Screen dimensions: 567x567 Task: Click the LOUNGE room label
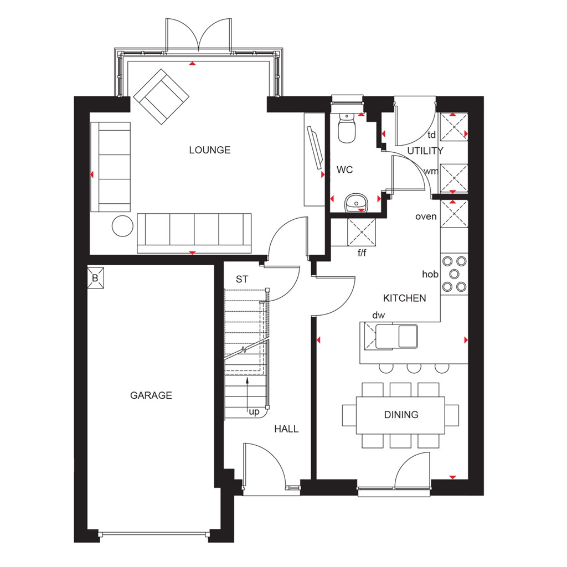tap(209, 150)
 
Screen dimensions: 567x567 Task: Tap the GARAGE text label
tap(151, 395)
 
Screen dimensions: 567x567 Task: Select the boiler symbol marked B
tap(95, 279)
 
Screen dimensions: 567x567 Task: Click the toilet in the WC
tap(347, 129)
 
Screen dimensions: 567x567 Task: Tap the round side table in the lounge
tap(122, 226)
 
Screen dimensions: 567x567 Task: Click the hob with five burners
tap(454, 274)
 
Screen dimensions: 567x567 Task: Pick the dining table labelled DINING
tap(401, 415)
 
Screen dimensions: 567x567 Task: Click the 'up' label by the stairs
tap(255, 411)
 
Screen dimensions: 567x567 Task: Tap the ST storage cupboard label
tap(242, 280)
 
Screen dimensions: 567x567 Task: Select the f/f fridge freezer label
tap(362, 254)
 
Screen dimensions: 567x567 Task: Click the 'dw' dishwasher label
tap(378, 315)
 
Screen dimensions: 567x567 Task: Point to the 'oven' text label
tap(426, 217)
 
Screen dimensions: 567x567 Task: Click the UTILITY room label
tap(425, 151)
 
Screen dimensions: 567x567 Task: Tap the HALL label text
tap(286, 429)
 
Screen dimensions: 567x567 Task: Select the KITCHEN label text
tap(405, 298)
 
